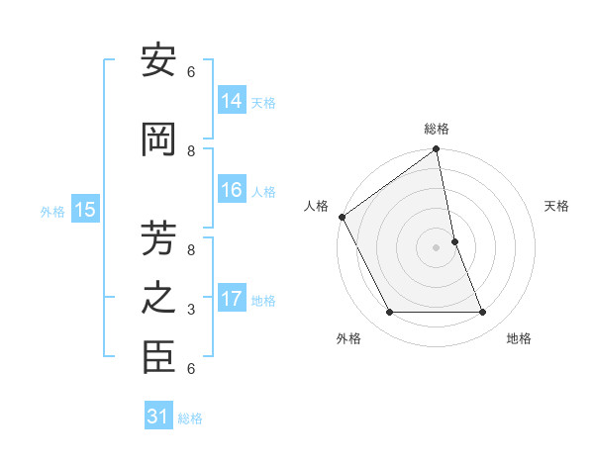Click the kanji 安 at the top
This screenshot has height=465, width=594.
(158, 61)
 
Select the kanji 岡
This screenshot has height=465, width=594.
(158, 139)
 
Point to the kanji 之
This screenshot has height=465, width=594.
(158, 298)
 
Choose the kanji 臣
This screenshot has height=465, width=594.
(158, 357)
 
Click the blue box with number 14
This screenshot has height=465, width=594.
(232, 100)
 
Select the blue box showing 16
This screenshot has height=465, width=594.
(232, 190)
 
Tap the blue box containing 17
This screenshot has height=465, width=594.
(232, 299)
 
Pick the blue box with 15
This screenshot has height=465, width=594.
(84, 210)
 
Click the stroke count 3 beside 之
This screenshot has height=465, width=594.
(191, 310)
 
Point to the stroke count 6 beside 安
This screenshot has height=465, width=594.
(191, 72)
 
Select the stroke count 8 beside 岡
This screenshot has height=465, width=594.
(191, 151)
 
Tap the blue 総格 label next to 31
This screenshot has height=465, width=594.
(190, 418)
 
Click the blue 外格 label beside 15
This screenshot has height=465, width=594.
(51, 211)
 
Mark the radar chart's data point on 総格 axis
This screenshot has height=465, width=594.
(436, 150)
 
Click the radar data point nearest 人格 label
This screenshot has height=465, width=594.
(343, 217)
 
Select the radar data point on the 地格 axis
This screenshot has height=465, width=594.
(483, 313)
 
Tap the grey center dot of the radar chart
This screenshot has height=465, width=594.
(436, 246)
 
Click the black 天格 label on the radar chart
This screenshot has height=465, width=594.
(557, 206)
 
